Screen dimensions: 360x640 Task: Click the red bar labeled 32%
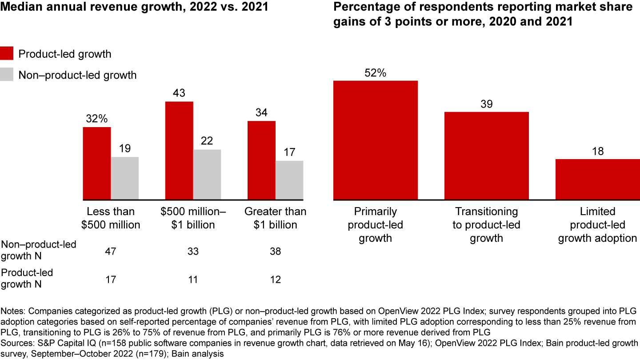97,163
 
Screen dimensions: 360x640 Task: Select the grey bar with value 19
125,178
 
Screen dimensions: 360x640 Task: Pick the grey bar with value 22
207,174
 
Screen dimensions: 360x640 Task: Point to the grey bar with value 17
289,180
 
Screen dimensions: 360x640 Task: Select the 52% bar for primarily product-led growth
376,140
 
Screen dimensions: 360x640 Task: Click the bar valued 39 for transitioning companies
487,156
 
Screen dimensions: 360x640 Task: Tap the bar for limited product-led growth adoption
598,179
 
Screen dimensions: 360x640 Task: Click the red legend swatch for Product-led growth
7,54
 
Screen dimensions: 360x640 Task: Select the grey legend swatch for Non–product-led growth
7,75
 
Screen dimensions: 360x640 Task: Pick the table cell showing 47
110,252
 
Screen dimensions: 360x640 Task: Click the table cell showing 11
192,279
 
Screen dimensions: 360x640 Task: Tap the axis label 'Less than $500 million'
111,218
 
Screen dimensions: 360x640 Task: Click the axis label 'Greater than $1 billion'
275,218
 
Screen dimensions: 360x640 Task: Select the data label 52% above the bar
376,73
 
